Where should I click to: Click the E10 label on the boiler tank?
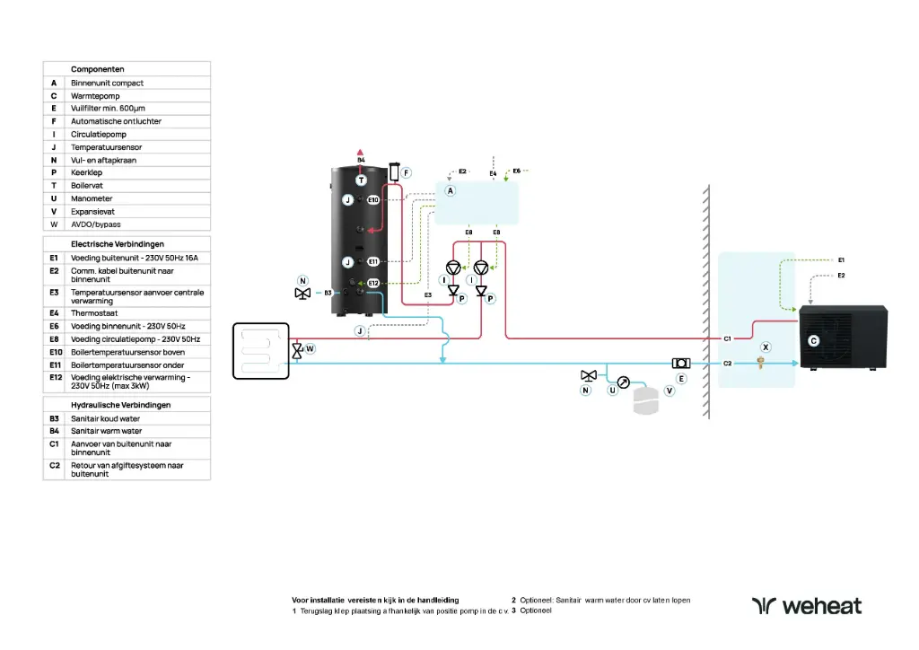(373, 199)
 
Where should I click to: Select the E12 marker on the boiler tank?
(373, 284)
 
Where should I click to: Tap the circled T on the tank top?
(361, 180)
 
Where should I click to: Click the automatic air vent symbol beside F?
(393, 172)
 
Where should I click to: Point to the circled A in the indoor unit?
(451, 191)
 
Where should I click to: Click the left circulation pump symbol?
(454, 268)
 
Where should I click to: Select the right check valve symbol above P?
(482, 290)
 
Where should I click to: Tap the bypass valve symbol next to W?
(298, 350)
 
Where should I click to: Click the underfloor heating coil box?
(260, 351)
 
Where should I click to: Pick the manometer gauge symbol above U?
(624, 381)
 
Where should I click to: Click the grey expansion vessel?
(646, 401)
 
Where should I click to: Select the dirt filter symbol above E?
(681, 363)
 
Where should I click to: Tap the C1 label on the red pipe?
(729, 338)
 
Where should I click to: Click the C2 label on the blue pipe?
(729, 364)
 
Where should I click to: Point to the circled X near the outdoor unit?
(766, 347)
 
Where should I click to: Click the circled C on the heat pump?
(813, 341)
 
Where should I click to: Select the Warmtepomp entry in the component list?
(95, 95)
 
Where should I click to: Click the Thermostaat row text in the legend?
(92, 313)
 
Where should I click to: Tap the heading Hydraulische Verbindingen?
(121, 405)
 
